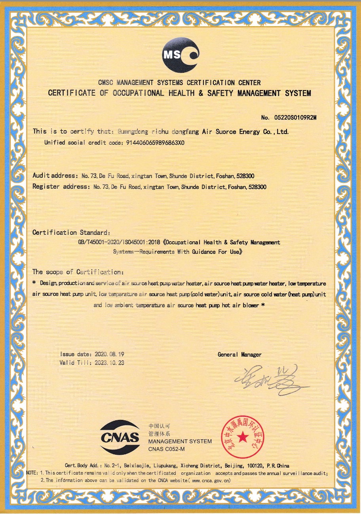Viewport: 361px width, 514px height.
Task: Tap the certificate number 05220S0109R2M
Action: [x=296, y=117]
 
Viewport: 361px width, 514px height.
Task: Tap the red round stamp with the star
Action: [x=242, y=437]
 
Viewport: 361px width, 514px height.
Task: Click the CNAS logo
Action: [x=120, y=437]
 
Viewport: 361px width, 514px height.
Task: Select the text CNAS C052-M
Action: [x=166, y=449]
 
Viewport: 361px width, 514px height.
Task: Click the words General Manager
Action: [x=239, y=355]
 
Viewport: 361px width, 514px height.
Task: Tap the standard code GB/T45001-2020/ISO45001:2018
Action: [x=119, y=242]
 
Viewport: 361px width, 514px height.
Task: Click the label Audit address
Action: [x=55, y=176]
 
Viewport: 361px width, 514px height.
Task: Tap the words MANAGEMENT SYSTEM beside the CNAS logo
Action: [x=180, y=441]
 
